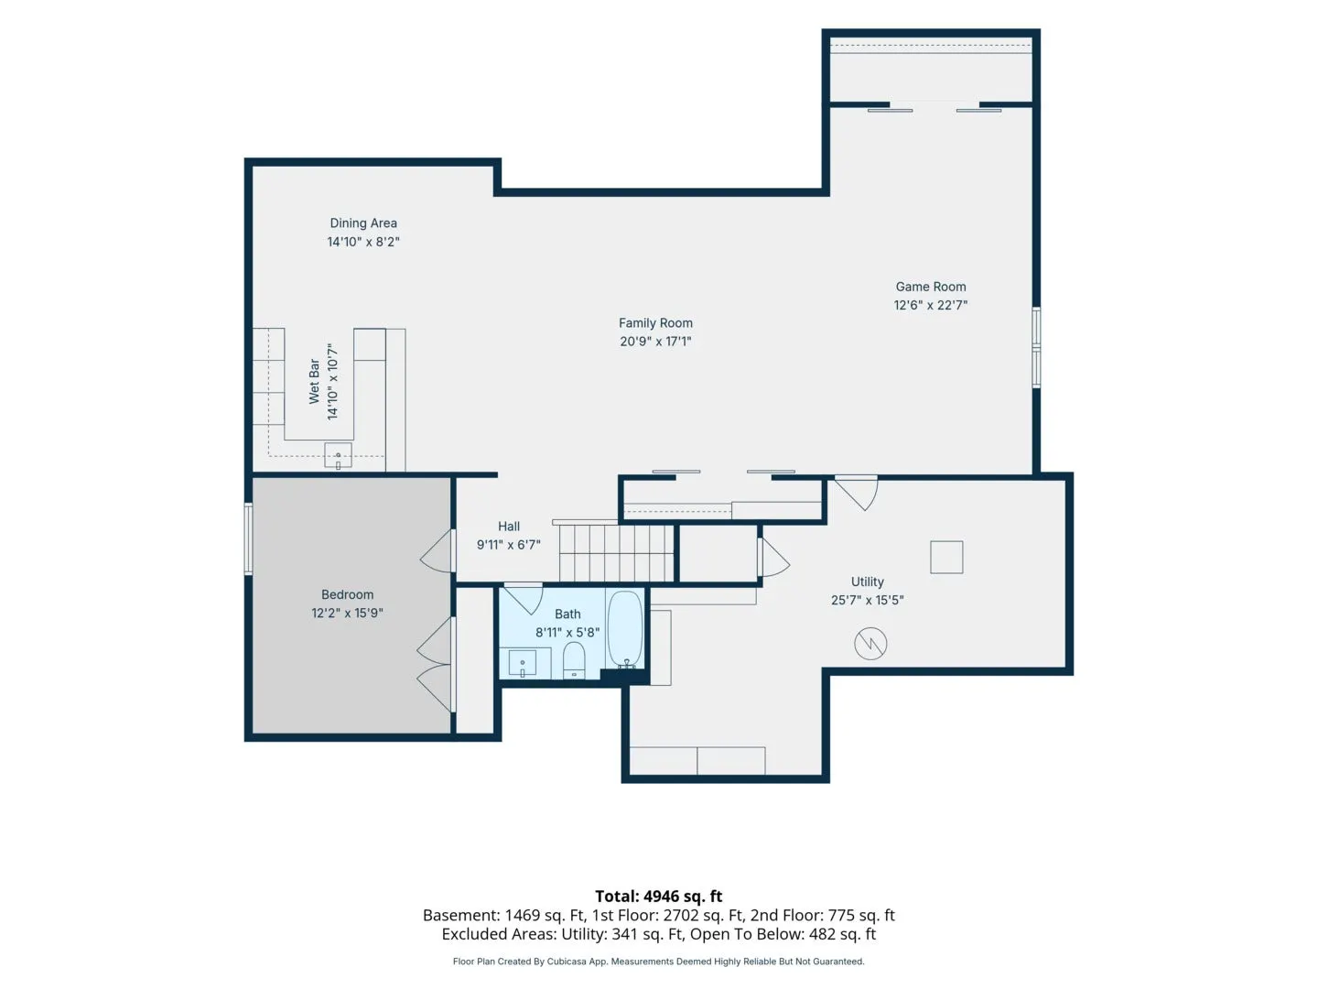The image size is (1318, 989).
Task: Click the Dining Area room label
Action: coord(362,223)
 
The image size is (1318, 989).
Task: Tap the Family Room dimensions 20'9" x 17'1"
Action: coord(655,341)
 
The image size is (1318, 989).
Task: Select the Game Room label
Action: coord(930,287)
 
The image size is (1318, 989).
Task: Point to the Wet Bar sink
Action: coord(338,455)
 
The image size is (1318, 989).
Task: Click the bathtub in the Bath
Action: coord(624,629)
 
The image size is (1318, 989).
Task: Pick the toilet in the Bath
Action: coord(574,659)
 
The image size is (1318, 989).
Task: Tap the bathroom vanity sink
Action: coord(522,663)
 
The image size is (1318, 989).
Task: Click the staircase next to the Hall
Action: coord(616,552)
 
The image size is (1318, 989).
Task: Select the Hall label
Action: coord(508,526)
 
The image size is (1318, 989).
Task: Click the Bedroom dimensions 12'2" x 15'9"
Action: coord(347,613)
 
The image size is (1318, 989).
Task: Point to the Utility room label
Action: coord(867,581)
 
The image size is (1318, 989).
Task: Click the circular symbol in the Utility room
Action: coord(870,644)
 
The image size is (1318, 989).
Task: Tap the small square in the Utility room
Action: coord(946,557)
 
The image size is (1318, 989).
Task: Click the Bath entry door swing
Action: coord(524,598)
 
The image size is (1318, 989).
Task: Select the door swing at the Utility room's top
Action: coord(857,493)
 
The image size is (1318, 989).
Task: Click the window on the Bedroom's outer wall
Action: coord(248,538)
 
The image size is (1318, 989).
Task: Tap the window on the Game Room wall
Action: coord(1036,347)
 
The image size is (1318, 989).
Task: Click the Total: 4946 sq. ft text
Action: coord(658,897)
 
